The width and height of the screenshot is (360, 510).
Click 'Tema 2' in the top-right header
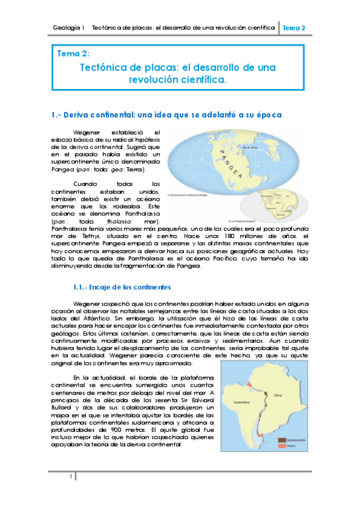pyautogui.click(x=294, y=28)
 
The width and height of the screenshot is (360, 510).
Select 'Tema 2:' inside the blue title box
pyautogui.click(x=73, y=54)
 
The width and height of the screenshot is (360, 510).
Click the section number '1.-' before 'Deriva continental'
pyautogui.click(x=58, y=114)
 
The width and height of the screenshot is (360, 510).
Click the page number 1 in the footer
pyautogui.click(x=70, y=477)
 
